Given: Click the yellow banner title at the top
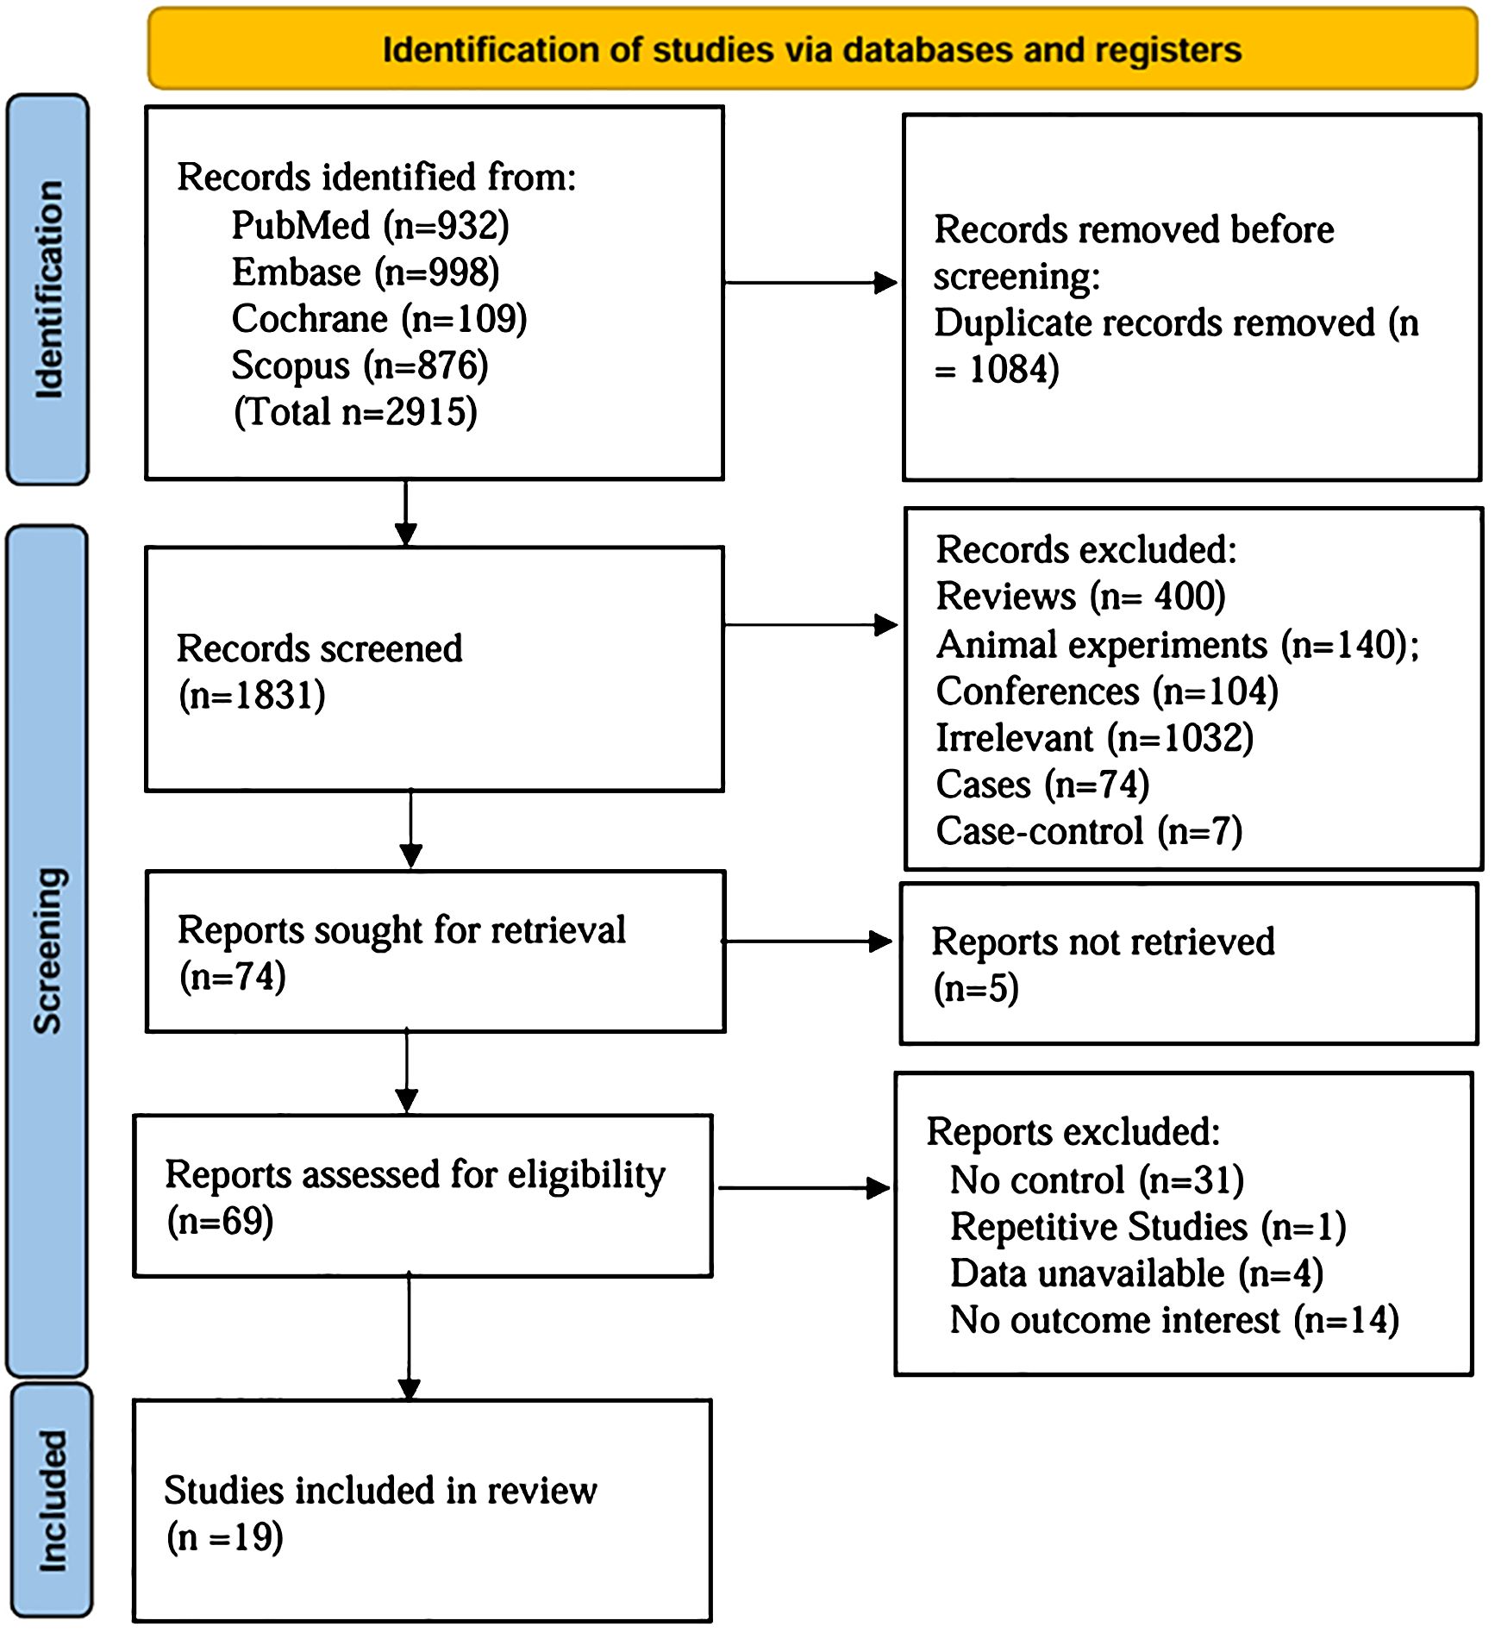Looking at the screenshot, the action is pyautogui.click(x=812, y=50).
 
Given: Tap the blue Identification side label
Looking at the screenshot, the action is pyautogui.click(x=48, y=290).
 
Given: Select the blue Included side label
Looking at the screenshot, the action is pyautogui.click(x=52, y=1501).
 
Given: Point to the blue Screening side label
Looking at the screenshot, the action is pyautogui.click(x=47, y=950).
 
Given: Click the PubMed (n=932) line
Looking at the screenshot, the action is pyautogui.click(x=371, y=226).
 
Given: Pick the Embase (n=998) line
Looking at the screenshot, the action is pyautogui.click(x=366, y=272).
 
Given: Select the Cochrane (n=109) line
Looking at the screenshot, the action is pyautogui.click(x=379, y=319).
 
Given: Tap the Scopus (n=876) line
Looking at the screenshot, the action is pyautogui.click(x=360, y=366).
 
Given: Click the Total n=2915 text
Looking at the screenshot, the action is pyautogui.click(x=355, y=412).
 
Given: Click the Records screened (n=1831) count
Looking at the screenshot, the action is pyautogui.click(x=252, y=696).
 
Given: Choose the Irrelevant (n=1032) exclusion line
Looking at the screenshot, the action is pyautogui.click(x=1095, y=738).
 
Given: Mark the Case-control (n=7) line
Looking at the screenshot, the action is pyautogui.click(x=1089, y=831).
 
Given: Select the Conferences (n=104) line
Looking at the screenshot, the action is pyautogui.click(x=1107, y=691).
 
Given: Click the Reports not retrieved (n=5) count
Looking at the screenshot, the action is pyautogui.click(x=976, y=988).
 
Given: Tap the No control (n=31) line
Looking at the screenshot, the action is pyautogui.click(x=1097, y=1180).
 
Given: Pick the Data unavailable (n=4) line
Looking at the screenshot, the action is pyautogui.click(x=1136, y=1273).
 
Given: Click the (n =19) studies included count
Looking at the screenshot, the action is pyautogui.click(x=224, y=1537).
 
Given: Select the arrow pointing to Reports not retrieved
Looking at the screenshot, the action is pyautogui.click(x=808, y=942).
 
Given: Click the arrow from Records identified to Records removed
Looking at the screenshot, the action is pyautogui.click(x=811, y=282).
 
